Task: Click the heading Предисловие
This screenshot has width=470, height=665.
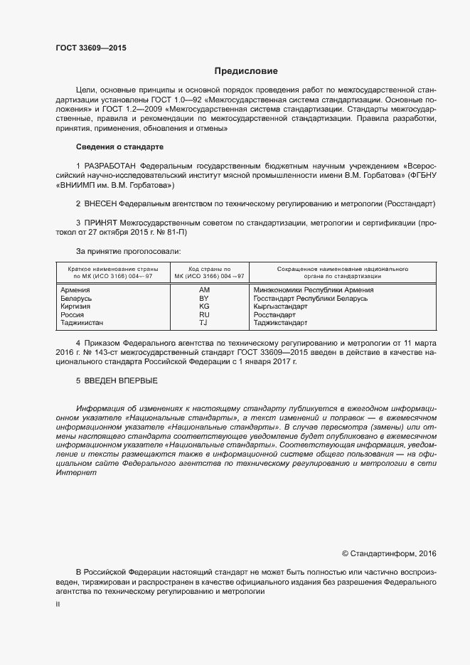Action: click(246, 71)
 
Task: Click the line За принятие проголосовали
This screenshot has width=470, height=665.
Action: click(128, 251)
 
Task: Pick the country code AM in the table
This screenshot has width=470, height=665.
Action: click(205, 290)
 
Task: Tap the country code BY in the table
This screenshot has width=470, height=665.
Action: click(205, 298)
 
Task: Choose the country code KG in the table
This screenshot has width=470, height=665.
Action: click(205, 306)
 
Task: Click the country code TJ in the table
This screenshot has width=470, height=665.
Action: click(204, 322)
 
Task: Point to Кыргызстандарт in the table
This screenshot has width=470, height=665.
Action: click(280, 306)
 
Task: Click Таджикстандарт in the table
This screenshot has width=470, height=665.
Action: click(280, 322)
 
